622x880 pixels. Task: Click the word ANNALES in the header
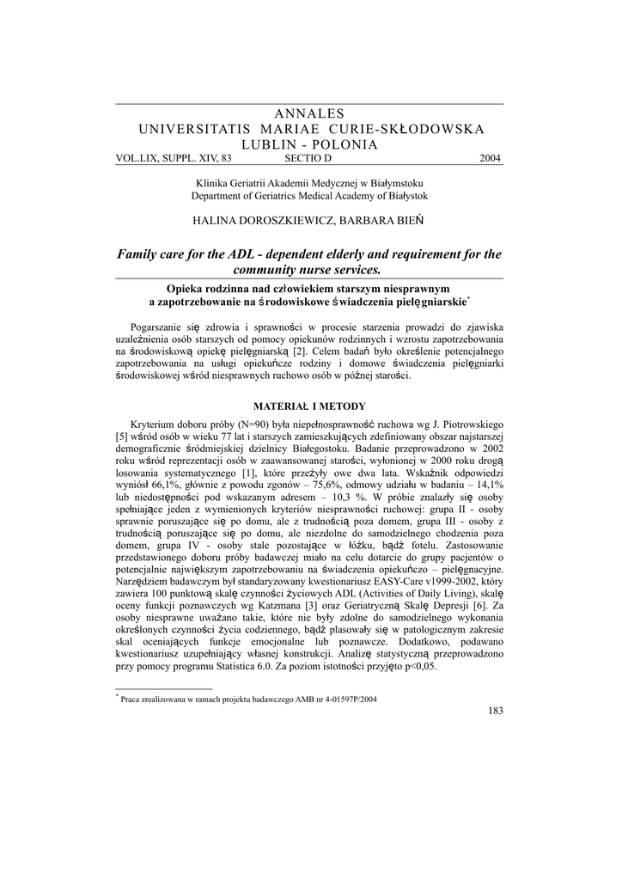pos(311,113)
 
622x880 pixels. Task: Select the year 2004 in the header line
pos(490,159)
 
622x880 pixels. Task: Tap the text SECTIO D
pos(307,159)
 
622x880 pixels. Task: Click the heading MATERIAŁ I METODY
pos(308,406)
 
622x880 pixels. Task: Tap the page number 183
pos(495,710)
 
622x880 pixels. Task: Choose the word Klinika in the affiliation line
pos(213,183)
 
